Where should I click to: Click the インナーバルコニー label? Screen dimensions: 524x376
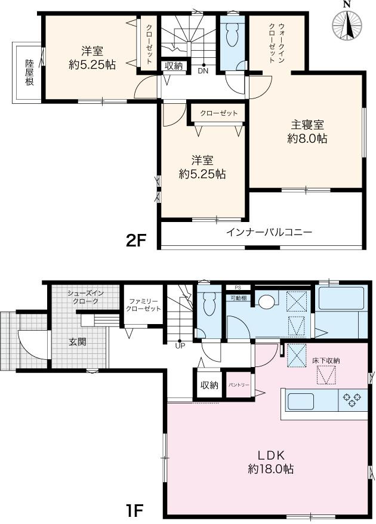pyautogui.click(x=269, y=233)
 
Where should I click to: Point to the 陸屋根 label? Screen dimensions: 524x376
pyautogui.click(x=29, y=73)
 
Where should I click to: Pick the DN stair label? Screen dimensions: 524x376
pyautogui.click(x=204, y=70)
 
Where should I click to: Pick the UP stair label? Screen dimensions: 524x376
pyautogui.click(x=180, y=344)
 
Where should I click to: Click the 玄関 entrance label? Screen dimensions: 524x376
pyautogui.click(x=77, y=341)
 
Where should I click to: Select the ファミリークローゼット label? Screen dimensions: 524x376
pyautogui.click(x=143, y=305)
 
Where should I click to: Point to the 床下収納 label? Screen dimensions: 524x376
pyautogui.click(x=325, y=361)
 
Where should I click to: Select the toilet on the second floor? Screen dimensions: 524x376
pyautogui.click(x=232, y=37)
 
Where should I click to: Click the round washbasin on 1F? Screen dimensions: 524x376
pyautogui.click(x=266, y=301)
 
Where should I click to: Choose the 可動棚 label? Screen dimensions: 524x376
pyautogui.click(x=239, y=297)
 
